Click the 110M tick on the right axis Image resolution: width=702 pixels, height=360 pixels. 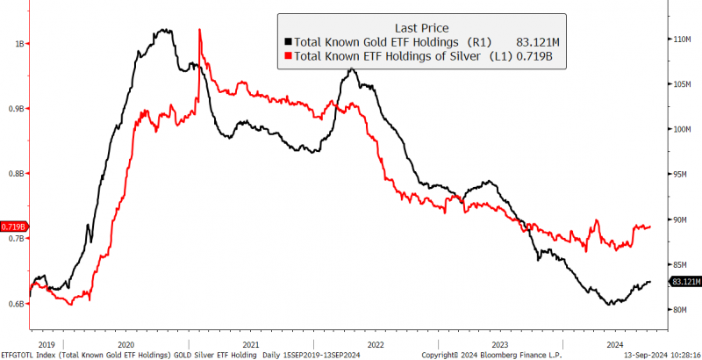pos(683,40)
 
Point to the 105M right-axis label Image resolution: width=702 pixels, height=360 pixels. pos(683,84)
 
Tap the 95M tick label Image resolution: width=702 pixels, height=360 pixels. pos(681,175)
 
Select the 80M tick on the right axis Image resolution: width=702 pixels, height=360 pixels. pos(681,309)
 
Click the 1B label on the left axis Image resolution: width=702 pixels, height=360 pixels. pos(18,43)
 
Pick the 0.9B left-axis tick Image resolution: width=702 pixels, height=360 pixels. pos(16,108)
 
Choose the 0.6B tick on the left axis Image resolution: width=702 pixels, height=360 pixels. pos(16,304)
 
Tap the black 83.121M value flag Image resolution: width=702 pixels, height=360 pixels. pos(685,281)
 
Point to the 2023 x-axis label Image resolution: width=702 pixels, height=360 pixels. pos(498,345)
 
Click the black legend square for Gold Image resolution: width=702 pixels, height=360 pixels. pos(287,41)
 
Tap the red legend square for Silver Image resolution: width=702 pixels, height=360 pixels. pos(287,57)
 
